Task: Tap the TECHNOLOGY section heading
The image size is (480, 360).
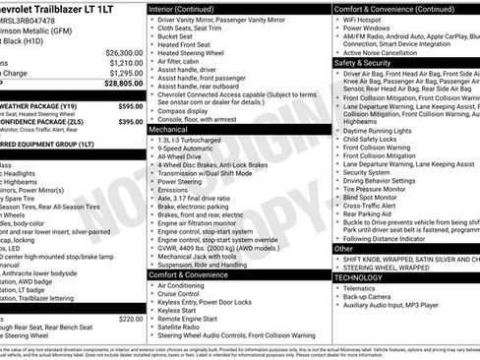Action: point(366,277)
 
